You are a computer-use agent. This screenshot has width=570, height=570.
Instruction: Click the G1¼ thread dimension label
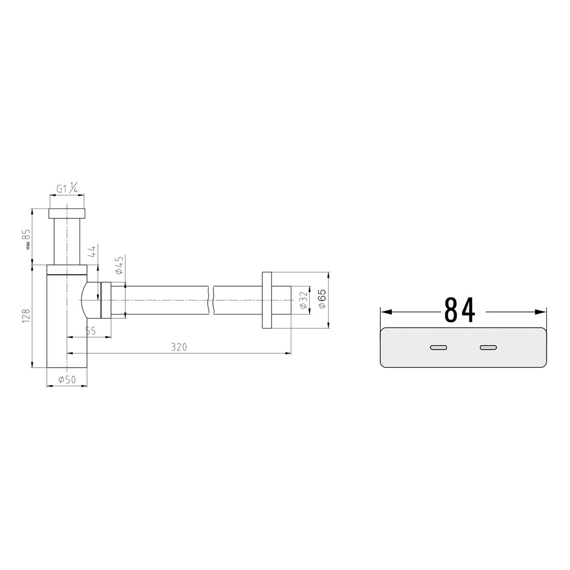[x=67, y=188]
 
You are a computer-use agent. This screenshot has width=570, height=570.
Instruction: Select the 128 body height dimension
[x=26, y=316]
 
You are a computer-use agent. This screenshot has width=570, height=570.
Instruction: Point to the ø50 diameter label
[x=67, y=379]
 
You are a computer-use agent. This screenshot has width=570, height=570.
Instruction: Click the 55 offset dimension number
[x=90, y=331]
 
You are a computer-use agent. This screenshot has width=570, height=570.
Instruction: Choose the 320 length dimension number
[x=179, y=347]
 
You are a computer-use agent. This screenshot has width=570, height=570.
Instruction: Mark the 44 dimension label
[x=92, y=251]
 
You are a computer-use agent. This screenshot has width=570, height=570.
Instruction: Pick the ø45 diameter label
[x=119, y=265]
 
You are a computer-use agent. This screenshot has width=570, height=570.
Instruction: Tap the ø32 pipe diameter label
[x=303, y=300]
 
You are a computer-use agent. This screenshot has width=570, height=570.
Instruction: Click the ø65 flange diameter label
[x=322, y=300]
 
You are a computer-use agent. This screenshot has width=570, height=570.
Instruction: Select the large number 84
[x=459, y=310]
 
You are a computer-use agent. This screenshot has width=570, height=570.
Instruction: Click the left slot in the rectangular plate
[x=438, y=347]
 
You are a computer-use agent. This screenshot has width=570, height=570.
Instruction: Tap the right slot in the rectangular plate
[x=488, y=347]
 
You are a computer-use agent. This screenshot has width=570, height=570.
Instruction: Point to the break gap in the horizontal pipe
[x=211, y=300]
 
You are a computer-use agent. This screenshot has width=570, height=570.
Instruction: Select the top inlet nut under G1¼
[x=67, y=213]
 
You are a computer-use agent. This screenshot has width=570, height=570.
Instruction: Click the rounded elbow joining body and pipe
[x=90, y=300]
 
